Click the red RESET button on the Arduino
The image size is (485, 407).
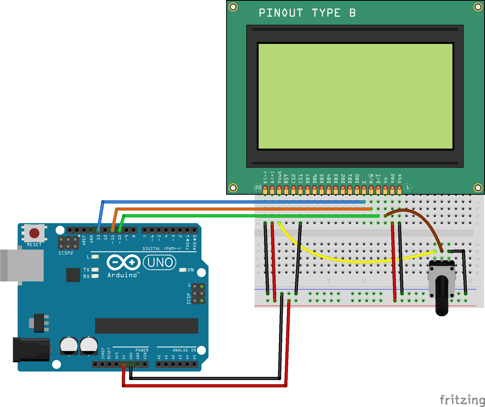34,233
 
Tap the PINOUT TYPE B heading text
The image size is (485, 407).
307,13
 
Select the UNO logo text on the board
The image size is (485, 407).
160,262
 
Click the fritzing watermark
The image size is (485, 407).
462,400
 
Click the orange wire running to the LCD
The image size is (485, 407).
236,209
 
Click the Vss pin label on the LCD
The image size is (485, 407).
399,179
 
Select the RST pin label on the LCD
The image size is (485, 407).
286,179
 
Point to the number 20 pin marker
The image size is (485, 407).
258,188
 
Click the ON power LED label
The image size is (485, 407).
190,270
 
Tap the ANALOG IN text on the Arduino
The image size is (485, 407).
184,350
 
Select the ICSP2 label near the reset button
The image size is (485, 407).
66,253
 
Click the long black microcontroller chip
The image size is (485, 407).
146,326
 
